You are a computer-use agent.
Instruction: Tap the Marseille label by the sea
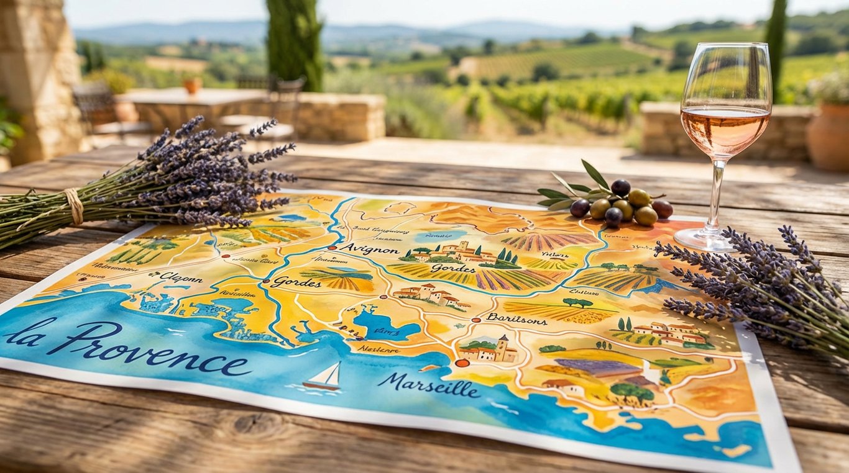pyautogui.click(x=428, y=385)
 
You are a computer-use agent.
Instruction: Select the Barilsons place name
pyautogui.click(x=516, y=319)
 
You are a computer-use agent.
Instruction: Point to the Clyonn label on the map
pyautogui.click(x=180, y=277)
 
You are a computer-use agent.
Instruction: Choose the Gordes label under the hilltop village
pyautogui.click(x=453, y=268)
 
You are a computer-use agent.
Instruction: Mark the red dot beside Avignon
pyautogui.click(x=332, y=247)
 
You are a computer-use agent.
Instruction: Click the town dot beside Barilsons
pyautogui.click(x=477, y=320)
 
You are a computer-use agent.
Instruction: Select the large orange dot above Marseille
pyautogui.click(x=462, y=363)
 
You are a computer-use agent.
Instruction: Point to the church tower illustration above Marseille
pyautogui.click(x=502, y=348)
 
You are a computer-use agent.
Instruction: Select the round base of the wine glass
pyautogui.click(x=705, y=239)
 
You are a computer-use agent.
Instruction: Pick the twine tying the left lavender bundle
pyautogui.click(x=74, y=206)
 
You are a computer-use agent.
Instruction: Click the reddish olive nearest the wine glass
pyautogui.click(x=663, y=209)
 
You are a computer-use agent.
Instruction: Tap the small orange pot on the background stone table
pyautogui.click(x=192, y=86)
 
